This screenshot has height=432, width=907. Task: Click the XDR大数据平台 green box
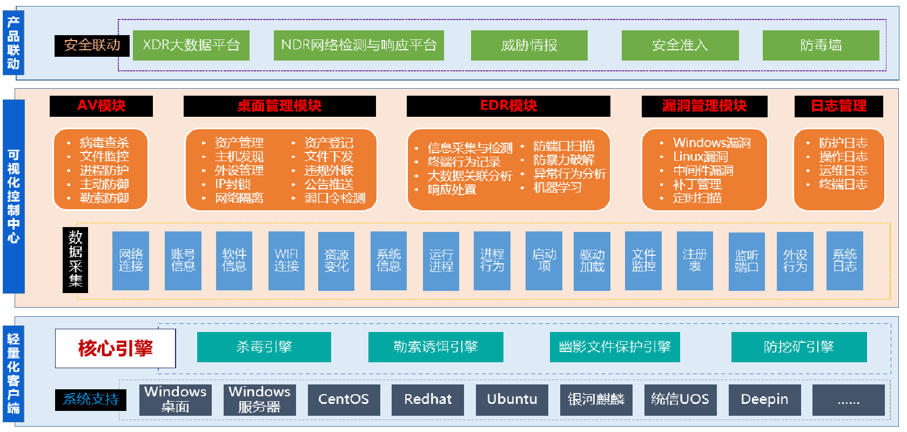(191, 45)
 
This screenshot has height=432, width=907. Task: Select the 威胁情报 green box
(529, 45)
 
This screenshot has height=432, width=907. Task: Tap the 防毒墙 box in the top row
(821, 45)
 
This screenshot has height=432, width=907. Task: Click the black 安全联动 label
(92, 45)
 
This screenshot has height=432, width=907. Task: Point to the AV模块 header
(101, 106)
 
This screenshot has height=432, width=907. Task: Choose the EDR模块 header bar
(508, 106)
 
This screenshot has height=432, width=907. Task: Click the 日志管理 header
(838, 106)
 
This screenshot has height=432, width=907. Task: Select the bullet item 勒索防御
(104, 198)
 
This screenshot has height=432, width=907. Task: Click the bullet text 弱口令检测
(334, 198)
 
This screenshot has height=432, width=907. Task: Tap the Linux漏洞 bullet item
(700, 157)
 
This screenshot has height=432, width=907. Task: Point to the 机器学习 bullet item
(557, 188)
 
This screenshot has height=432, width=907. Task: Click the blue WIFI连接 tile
(286, 261)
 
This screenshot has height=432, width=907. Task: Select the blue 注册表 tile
(695, 261)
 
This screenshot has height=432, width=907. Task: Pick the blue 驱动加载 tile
(592, 261)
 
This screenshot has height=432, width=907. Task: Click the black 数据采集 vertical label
(76, 260)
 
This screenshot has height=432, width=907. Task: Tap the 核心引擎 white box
(116, 348)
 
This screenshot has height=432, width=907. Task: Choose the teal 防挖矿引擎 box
(798, 347)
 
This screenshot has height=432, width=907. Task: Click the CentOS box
(344, 400)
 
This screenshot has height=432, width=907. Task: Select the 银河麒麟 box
(596, 400)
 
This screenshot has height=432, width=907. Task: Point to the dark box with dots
(848, 400)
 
